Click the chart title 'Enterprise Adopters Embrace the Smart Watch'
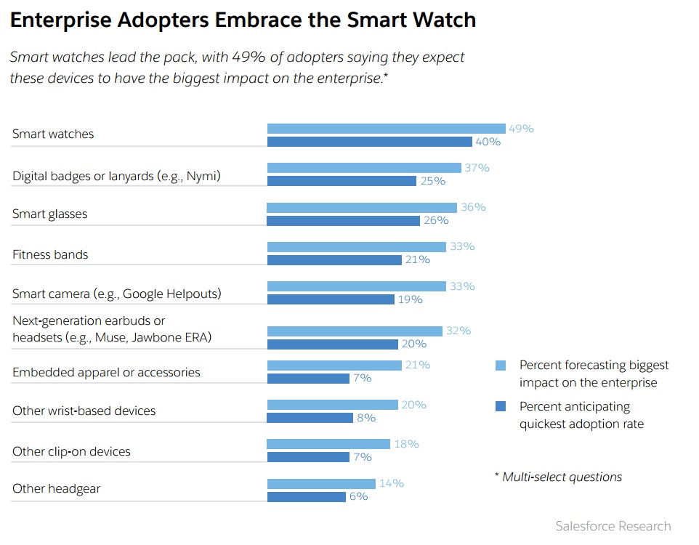tap(243, 20)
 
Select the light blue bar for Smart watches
tap(386, 129)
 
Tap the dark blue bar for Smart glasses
tap(343, 220)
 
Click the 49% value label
tap(521, 129)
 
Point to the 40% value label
tap(488, 142)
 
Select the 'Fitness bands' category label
tap(50, 254)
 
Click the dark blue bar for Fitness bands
tap(334, 259)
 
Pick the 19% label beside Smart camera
tap(409, 299)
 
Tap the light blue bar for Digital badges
tap(364, 168)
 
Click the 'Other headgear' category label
tap(56, 488)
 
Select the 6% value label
tap(358, 496)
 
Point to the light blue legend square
tap(500, 366)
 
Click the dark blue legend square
tap(500, 406)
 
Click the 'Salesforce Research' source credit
tap(613, 526)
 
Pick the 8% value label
tap(365, 418)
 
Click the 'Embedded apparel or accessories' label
tap(106, 372)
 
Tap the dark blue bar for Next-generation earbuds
tap(332, 344)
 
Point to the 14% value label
tap(390, 483)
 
